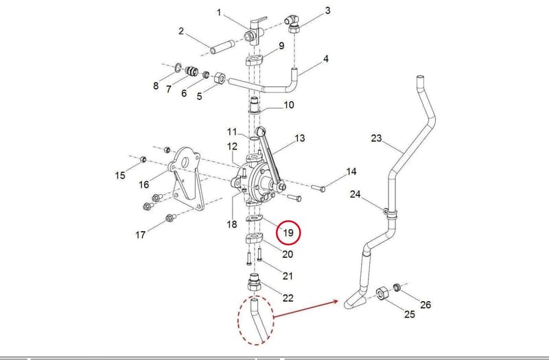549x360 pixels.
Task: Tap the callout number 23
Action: point(376,139)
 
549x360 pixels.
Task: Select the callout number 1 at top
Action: point(219,13)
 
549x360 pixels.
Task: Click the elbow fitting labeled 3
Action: point(293,23)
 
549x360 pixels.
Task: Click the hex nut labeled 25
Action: point(381,294)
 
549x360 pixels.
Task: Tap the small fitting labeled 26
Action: point(397,287)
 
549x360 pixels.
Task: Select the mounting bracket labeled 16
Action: point(185,178)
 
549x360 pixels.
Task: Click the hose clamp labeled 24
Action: point(390,213)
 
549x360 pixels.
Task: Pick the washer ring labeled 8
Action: point(178,67)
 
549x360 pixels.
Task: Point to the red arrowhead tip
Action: point(337,300)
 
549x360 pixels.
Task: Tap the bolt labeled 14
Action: point(318,187)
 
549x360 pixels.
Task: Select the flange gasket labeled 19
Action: point(255,219)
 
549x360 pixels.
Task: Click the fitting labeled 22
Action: point(255,283)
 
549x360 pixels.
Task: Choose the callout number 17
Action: point(141,235)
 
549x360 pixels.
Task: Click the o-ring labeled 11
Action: point(255,139)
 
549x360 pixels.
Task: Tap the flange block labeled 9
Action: point(255,61)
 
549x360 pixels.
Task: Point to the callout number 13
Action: point(300,139)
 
